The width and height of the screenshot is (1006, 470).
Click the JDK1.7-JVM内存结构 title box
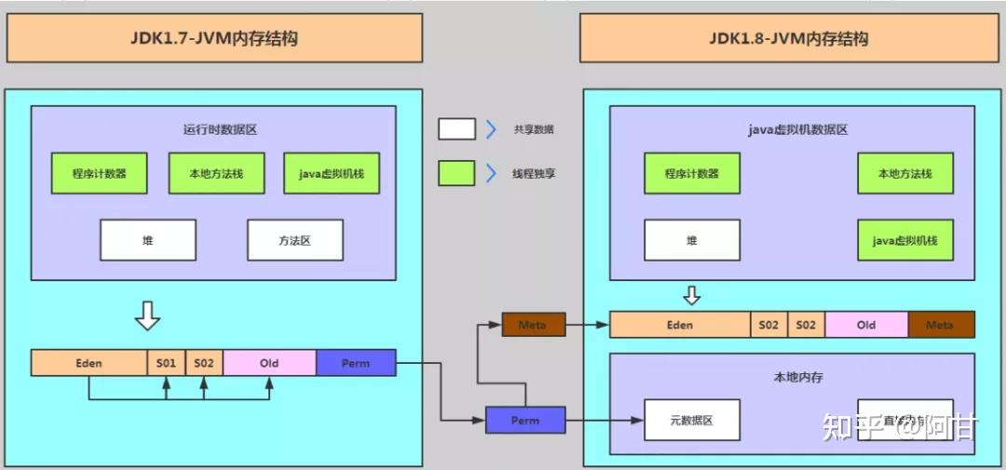pyautogui.click(x=214, y=38)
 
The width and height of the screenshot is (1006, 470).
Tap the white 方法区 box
pyautogui.click(x=294, y=240)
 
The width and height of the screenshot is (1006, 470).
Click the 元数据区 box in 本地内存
pyautogui.click(x=691, y=420)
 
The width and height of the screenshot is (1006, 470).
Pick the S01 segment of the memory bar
pyautogui.click(x=166, y=363)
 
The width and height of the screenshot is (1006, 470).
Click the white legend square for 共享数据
pyautogui.click(x=456, y=129)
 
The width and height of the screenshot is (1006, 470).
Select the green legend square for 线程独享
pyautogui.click(x=456, y=173)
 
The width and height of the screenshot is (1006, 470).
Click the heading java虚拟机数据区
pyautogui.click(x=797, y=130)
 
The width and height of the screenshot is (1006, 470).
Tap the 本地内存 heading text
pyautogui.click(x=798, y=378)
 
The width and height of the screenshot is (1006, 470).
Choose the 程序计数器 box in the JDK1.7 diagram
pyautogui.click(x=99, y=173)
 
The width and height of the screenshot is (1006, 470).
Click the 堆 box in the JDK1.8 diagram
pyautogui.click(x=691, y=240)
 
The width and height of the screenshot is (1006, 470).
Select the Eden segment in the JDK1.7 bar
pyautogui.click(x=88, y=363)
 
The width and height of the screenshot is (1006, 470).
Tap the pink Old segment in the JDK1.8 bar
pyautogui.click(x=866, y=325)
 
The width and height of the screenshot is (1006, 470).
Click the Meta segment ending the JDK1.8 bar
pyautogui.click(x=941, y=325)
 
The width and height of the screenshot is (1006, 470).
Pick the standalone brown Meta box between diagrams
pyautogui.click(x=533, y=325)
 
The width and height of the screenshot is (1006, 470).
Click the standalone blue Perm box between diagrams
pyautogui.click(x=525, y=420)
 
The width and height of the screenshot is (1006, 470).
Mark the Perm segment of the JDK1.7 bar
pyautogui.click(x=356, y=363)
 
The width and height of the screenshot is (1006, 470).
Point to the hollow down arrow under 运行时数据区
pyautogui.click(x=147, y=316)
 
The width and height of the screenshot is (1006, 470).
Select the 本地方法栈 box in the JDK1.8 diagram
pyautogui.click(x=904, y=173)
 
